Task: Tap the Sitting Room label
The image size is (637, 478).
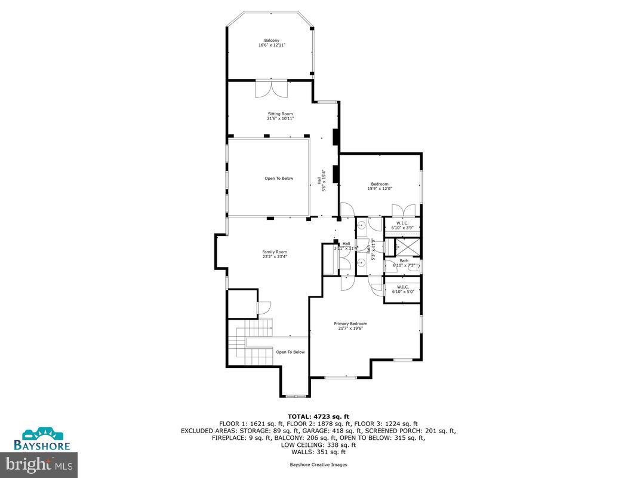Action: pyautogui.click(x=280, y=116)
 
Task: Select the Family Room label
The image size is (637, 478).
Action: pyautogui.click(x=275, y=254)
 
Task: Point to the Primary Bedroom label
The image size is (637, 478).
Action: pyautogui.click(x=350, y=326)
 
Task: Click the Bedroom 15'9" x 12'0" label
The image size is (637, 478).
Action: pyautogui.click(x=380, y=186)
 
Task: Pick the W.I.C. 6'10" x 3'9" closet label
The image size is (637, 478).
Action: pyautogui.click(x=402, y=226)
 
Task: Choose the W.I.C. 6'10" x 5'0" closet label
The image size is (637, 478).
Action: pyautogui.click(x=402, y=289)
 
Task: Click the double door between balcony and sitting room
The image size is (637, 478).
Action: pyautogui.click(x=272, y=88)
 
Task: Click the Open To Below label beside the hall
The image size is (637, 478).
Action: pyautogui.click(x=279, y=178)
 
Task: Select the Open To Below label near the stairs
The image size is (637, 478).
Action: pyautogui.click(x=290, y=352)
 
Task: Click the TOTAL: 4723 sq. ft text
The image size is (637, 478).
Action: pyautogui.click(x=318, y=416)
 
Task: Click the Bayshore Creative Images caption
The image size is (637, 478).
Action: pyautogui.click(x=318, y=464)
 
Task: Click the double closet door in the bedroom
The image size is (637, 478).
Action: pyautogui.click(x=404, y=211)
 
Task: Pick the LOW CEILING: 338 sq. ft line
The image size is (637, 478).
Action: pyautogui.click(x=318, y=445)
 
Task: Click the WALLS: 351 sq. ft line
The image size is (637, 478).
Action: pyautogui.click(x=318, y=452)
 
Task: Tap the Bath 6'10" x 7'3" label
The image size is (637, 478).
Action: pyautogui.click(x=404, y=262)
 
